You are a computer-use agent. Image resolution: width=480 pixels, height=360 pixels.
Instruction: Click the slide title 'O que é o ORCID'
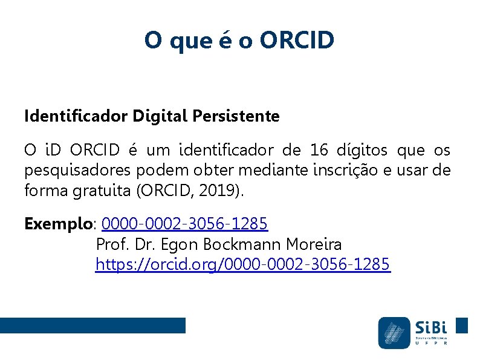[239, 41]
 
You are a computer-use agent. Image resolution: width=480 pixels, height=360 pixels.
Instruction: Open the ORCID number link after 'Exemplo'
[184, 224]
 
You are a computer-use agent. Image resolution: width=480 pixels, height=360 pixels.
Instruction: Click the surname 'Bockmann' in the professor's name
[244, 244]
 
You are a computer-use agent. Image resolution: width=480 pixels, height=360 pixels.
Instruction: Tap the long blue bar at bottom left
[92, 326]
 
